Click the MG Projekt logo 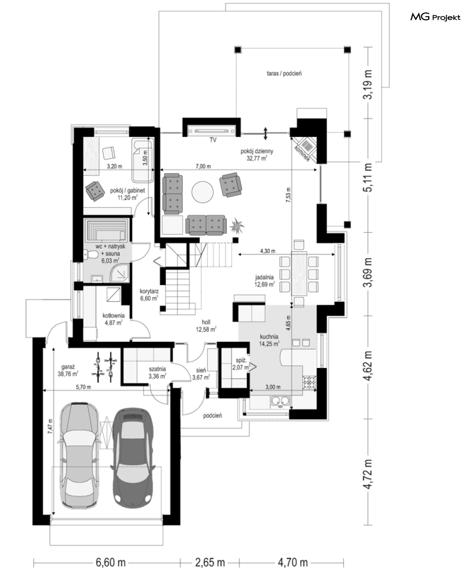[x=435, y=17]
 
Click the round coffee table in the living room [x=202, y=191]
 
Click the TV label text [x=212, y=139]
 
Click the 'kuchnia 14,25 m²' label [x=269, y=340]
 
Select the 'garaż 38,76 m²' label [x=68, y=370]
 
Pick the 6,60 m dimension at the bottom [x=111, y=562]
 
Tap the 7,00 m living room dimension [x=203, y=166]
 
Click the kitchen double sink [x=280, y=401]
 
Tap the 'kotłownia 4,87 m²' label [x=113, y=319]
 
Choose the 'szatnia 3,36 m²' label [x=157, y=373]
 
